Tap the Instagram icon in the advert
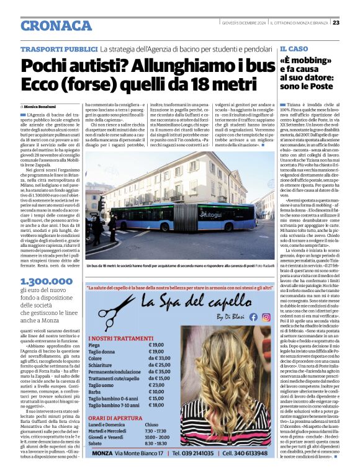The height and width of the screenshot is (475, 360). coord(266,317)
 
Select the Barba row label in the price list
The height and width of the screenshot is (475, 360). coord(96,393)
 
